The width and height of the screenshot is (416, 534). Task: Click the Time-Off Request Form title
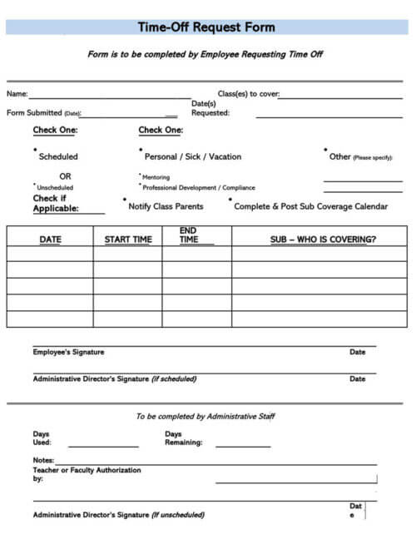(x=206, y=27)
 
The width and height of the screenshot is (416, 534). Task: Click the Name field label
(x=17, y=94)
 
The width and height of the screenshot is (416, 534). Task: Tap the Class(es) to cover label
(x=248, y=94)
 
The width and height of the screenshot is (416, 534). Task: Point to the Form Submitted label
(x=43, y=113)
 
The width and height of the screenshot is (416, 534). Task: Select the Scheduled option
(x=58, y=156)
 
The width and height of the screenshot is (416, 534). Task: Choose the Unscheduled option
(x=56, y=188)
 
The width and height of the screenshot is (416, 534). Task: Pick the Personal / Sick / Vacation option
(x=193, y=156)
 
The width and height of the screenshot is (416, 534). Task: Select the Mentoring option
(x=156, y=177)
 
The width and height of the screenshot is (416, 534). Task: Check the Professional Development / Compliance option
(x=198, y=188)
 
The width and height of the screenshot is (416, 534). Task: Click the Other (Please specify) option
(x=360, y=156)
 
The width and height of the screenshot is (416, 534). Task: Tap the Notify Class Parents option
(x=166, y=206)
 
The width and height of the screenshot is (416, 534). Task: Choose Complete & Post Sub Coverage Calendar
(x=310, y=206)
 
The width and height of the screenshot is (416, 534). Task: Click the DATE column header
(x=50, y=240)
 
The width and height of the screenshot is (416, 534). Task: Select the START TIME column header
(x=128, y=240)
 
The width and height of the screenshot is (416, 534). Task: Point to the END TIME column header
(x=189, y=235)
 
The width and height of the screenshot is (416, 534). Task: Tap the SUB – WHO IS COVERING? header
(x=323, y=240)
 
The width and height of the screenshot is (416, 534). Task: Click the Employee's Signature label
(x=68, y=352)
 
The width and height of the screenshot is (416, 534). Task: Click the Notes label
(x=43, y=460)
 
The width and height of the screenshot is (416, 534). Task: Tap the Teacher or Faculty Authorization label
(x=87, y=471)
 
